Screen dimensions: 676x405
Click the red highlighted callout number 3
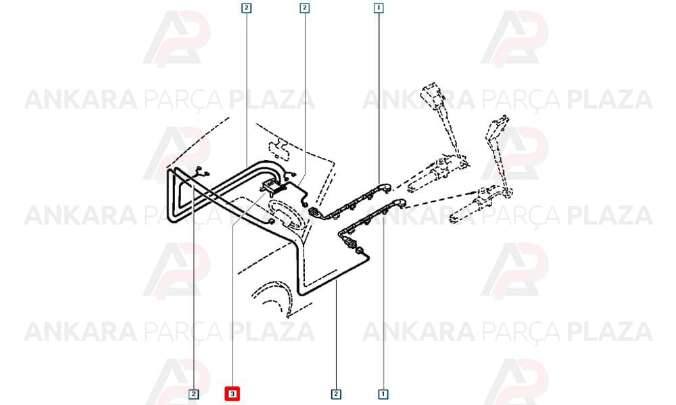232,394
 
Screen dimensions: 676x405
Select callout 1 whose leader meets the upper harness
378,7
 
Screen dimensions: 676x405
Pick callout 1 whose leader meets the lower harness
383,394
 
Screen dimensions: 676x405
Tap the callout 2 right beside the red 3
194,394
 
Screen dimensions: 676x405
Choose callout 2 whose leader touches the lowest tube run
336,394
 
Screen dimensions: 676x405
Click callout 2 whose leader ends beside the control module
304,7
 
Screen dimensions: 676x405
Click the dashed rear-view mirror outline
280,146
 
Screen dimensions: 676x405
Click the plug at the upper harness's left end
315,212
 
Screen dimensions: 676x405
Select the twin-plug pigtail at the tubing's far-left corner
201,171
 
